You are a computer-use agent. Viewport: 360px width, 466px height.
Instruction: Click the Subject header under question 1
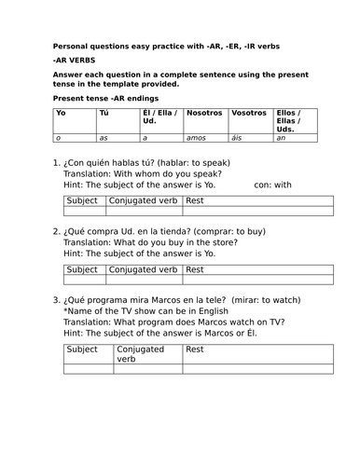(x=83, y=200)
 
